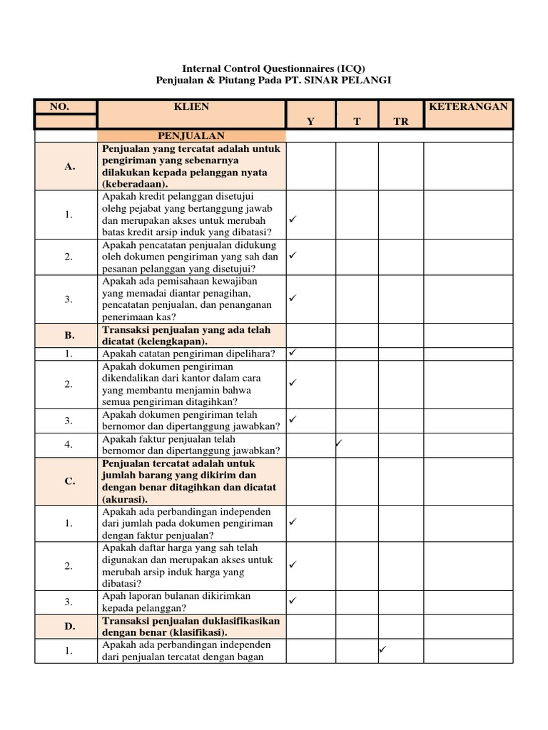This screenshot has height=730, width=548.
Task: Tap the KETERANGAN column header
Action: pos(468,107)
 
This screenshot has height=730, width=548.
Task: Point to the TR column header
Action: pos(401,122)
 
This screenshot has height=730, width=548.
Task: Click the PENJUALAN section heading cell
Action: pos(191,135)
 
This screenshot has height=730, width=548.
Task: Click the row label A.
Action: pos(69,166)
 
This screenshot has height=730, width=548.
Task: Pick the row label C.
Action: pos(69,481)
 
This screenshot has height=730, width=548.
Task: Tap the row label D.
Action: pos(69,627)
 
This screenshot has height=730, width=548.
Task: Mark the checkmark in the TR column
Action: pos(382,649)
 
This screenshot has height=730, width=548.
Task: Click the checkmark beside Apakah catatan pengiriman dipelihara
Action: pos(293,352)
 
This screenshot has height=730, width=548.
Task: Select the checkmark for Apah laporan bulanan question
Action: pos(293,600)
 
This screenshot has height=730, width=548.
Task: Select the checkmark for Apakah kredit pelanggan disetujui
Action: pos(293,219)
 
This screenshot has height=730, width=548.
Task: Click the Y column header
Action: pos(310,122)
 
